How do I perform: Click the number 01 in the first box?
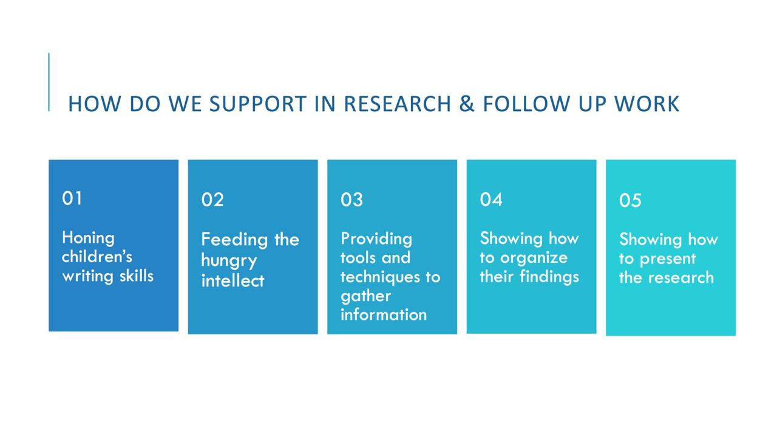click(x=72, y=198)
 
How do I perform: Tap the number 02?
click(x=212, y=200)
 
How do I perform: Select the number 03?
click(x=351, y=200)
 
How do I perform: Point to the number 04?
click(x=491, y=200)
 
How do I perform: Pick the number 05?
click(x=630, y=200)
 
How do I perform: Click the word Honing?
click(x=88, y=239)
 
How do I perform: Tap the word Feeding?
click(x=234, y=240)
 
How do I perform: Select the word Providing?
click(x=376, y=239)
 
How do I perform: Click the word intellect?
click(x=232, y=280)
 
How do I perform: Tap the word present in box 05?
click(x=668, y=259)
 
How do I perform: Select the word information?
click(x=384, y=314)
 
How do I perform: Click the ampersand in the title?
click(x=467, y=103)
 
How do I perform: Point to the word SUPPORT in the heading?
click(x=258, y=103)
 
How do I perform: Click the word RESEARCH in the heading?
click(x=398, y=103)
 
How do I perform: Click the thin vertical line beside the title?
click(x=49, y=82)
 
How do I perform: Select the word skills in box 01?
click(x=137, y=276)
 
